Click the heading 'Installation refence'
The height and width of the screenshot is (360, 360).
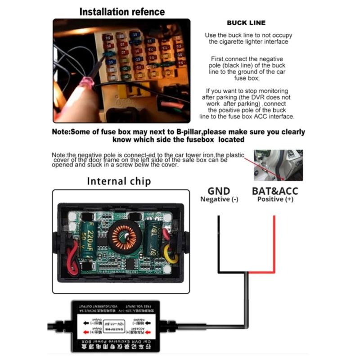point(122,11)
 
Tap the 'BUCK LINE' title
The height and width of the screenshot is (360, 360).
point(246,22)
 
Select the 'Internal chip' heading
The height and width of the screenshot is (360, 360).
point(119,181)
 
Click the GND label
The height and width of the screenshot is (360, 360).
point(219,191)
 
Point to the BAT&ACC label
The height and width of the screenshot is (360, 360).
point(274,191)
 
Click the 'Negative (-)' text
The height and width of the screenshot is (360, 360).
point(219,199)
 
